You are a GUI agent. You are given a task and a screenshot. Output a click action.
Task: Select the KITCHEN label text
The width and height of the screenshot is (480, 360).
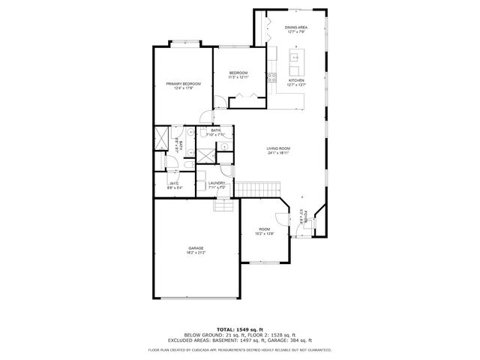tap(295, 80)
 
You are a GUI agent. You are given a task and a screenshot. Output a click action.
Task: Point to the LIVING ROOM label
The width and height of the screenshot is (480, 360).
tap(278, 148)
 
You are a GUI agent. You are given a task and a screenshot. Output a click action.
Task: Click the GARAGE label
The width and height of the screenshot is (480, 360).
tap(196, 247)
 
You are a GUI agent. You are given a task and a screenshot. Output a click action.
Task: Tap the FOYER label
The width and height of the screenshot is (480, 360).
tap(306, 217)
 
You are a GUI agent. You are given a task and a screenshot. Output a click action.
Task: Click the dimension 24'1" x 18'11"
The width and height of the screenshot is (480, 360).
tap(278, 154)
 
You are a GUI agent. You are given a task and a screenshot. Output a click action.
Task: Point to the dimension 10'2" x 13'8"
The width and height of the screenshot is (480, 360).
tap(263, 234)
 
